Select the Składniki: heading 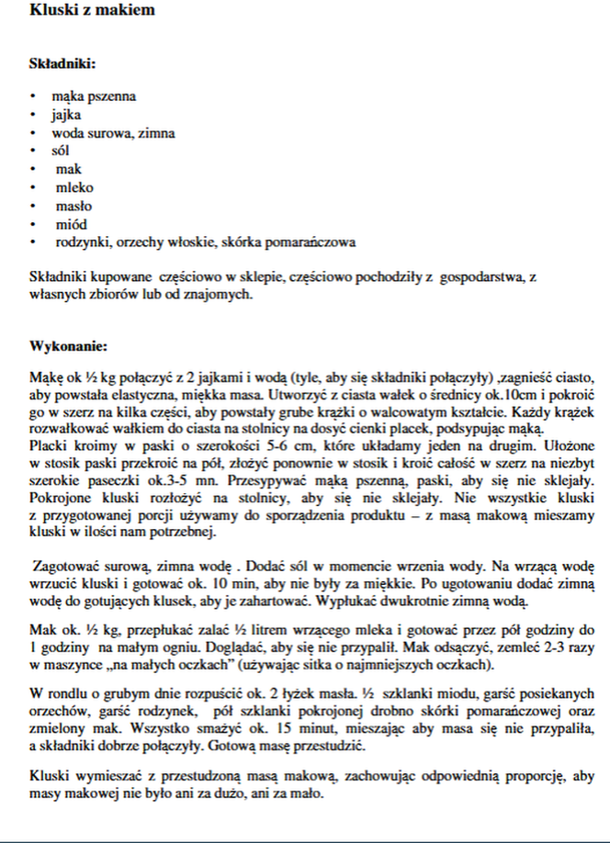pos(62,64)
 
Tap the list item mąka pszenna pos(94,96)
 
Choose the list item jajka pos(66,115)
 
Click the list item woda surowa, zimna pos(113,133)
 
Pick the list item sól pos(61,151)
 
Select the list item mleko pos(74,187)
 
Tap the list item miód pos(70,224)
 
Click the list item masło pos(73,206)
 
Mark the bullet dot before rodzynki pos(33,242)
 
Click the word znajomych pos(219,295)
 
